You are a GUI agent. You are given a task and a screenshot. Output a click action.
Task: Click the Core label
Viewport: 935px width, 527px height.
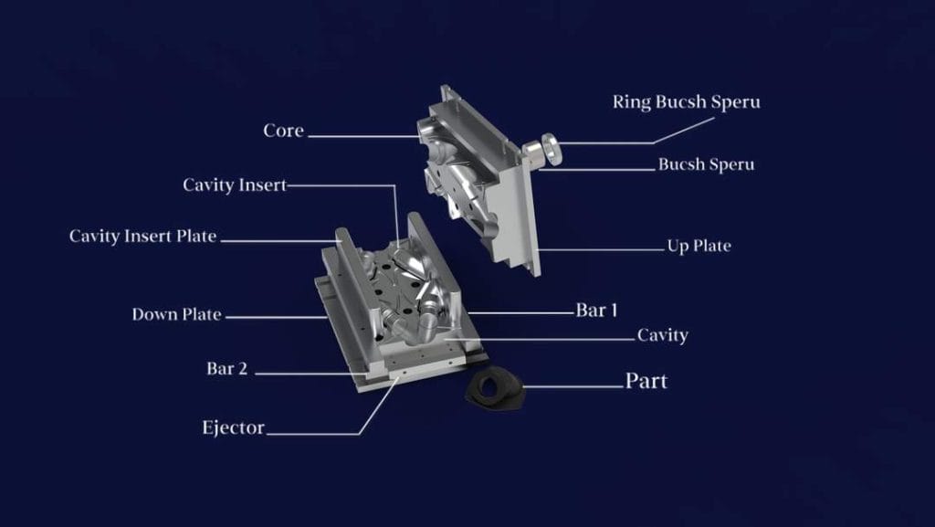pyautogui.click(x=283, y=131)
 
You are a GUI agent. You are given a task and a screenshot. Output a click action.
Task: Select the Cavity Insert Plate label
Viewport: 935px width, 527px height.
pyautogui.click(x=142, y=236)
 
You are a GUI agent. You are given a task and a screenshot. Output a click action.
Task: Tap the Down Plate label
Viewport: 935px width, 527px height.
pyautogui.click(x=176, y=314)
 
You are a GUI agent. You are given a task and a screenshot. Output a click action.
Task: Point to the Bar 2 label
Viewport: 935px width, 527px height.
pyautogui.click(x=226, y=368)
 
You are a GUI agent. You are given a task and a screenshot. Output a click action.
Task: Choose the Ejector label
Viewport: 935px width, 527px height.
pyautogui.click(x=233, y=427)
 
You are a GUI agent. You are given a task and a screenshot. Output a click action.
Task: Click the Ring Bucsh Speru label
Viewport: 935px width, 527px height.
pyautogui.click(x=687, y=102)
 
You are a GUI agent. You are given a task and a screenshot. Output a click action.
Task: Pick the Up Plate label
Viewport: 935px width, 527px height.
pyautogui.click(x=699, y=246)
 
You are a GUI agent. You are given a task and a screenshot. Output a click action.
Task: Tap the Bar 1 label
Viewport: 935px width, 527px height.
pyautogui.click(x=596, y=310)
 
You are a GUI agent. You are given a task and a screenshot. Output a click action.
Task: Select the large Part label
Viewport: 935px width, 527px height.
pyautogui.click(x=646, y=381)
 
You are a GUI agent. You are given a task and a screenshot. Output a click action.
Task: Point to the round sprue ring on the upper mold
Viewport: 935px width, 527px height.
pyautogui.click(x=550, y=149)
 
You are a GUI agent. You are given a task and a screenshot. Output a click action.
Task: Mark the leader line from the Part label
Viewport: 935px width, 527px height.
pyautogui.click(x=573, y=387)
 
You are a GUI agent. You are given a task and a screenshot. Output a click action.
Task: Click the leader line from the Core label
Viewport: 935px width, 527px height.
pyautogui.click(x=363, y=136)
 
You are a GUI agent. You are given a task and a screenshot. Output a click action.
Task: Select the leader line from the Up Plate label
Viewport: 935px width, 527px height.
pyautogui.click(x=601, y=249)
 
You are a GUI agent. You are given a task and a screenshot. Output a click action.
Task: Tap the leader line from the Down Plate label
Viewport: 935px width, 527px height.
pyautogui.click(x=277, y=317)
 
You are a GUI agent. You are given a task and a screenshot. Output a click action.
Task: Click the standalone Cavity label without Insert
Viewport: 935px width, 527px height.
pyautogui.click(x=663, y=335)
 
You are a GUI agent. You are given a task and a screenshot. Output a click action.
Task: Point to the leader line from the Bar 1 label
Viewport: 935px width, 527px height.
pyautogui.click(x=520, y=312)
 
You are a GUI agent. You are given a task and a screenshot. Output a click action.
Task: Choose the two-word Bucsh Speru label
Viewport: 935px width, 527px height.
pyautogui.click(x=706, y=164)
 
